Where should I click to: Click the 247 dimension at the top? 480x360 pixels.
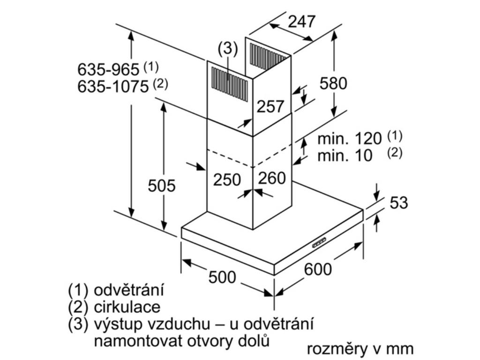coord(301,22)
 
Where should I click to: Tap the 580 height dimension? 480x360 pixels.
coord(333,83)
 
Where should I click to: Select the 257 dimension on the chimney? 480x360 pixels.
coord(270,106)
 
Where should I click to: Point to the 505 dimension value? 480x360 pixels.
coord(162,186)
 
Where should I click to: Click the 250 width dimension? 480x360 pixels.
coord(227,180)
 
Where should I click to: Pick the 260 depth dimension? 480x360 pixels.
coord(272,178)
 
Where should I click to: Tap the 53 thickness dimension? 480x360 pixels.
coord(399,202)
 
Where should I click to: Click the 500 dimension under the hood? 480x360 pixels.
coord(222,277)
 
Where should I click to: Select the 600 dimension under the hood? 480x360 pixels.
coord(318,270)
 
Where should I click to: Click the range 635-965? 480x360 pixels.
coord(108,69)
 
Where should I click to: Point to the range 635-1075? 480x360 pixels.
coord(113,87)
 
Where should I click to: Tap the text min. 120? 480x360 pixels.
coord(349,139)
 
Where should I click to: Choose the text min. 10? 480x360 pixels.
coord(345,156)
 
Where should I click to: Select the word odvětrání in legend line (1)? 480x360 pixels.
coord(128,290)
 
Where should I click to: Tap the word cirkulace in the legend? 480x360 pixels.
coord(127,307)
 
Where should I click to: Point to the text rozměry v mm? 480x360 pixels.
coord(360,349)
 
